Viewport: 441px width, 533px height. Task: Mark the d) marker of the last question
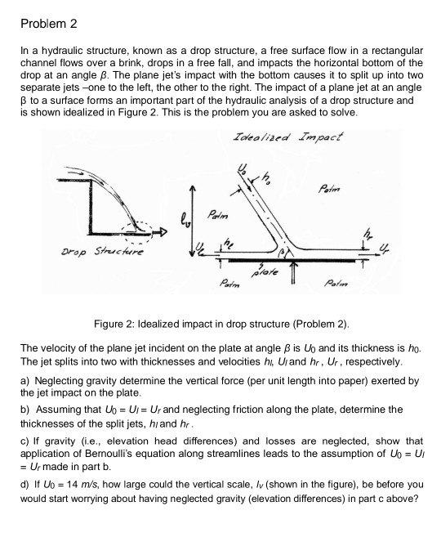(x=24, y=483)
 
